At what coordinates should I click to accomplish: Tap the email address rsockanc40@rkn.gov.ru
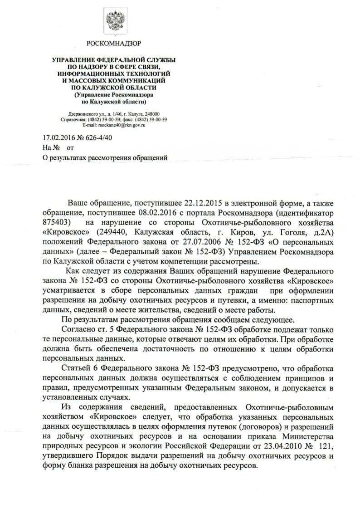coord(121,125)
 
